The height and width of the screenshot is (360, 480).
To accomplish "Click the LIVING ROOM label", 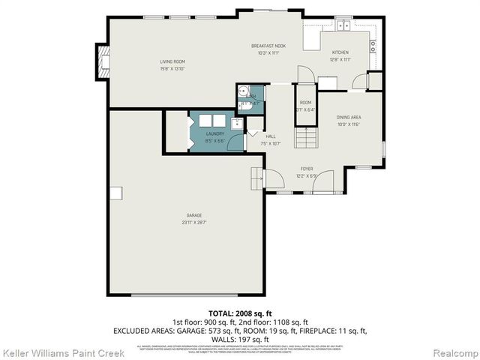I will coord(172,61).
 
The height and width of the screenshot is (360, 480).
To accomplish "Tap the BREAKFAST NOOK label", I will coord(268,46).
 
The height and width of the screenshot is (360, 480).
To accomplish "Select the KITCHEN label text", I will coord(340,52).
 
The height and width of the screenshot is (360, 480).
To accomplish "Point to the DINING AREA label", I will coord(349,118).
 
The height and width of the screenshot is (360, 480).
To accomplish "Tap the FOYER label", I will coord(307,169).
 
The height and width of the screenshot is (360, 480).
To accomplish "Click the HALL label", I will coord(270,136).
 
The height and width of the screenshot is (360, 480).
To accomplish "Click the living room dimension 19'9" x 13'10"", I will coord(172,68).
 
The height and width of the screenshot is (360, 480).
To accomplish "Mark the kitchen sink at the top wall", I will coord(343,26).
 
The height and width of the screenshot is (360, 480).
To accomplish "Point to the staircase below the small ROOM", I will coord(304,137).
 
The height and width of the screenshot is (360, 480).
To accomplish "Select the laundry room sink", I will coord(236,123).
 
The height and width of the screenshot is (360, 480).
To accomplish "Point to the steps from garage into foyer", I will coord(256,178).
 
